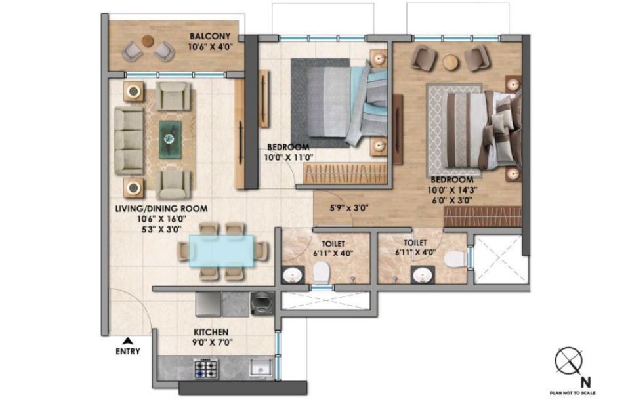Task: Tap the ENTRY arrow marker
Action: tap(128, 340)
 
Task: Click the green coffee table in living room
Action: tap(170, 138)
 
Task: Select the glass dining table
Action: tap(222, 251)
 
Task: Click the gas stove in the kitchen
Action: tap(206, 369)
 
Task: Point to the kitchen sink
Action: tap(261, 367)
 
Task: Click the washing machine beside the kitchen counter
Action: tap(262, 304)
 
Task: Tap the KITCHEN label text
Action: tap(211, 333)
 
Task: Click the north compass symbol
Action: tap(569, 361)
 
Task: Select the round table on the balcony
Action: tap(148, 41)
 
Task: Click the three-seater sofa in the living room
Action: tap(129, 141)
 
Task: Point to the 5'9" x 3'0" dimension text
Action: tap(349, 208)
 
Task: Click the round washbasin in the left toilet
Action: tap(293, 276)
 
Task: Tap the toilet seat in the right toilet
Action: tap(455, 258)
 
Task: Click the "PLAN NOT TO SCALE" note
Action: tap(573, 393)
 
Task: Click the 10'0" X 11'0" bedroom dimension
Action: tap(288, 157)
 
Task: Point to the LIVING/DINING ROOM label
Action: tap(161, 209)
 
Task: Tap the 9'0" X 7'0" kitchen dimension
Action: tap(212, 342)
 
